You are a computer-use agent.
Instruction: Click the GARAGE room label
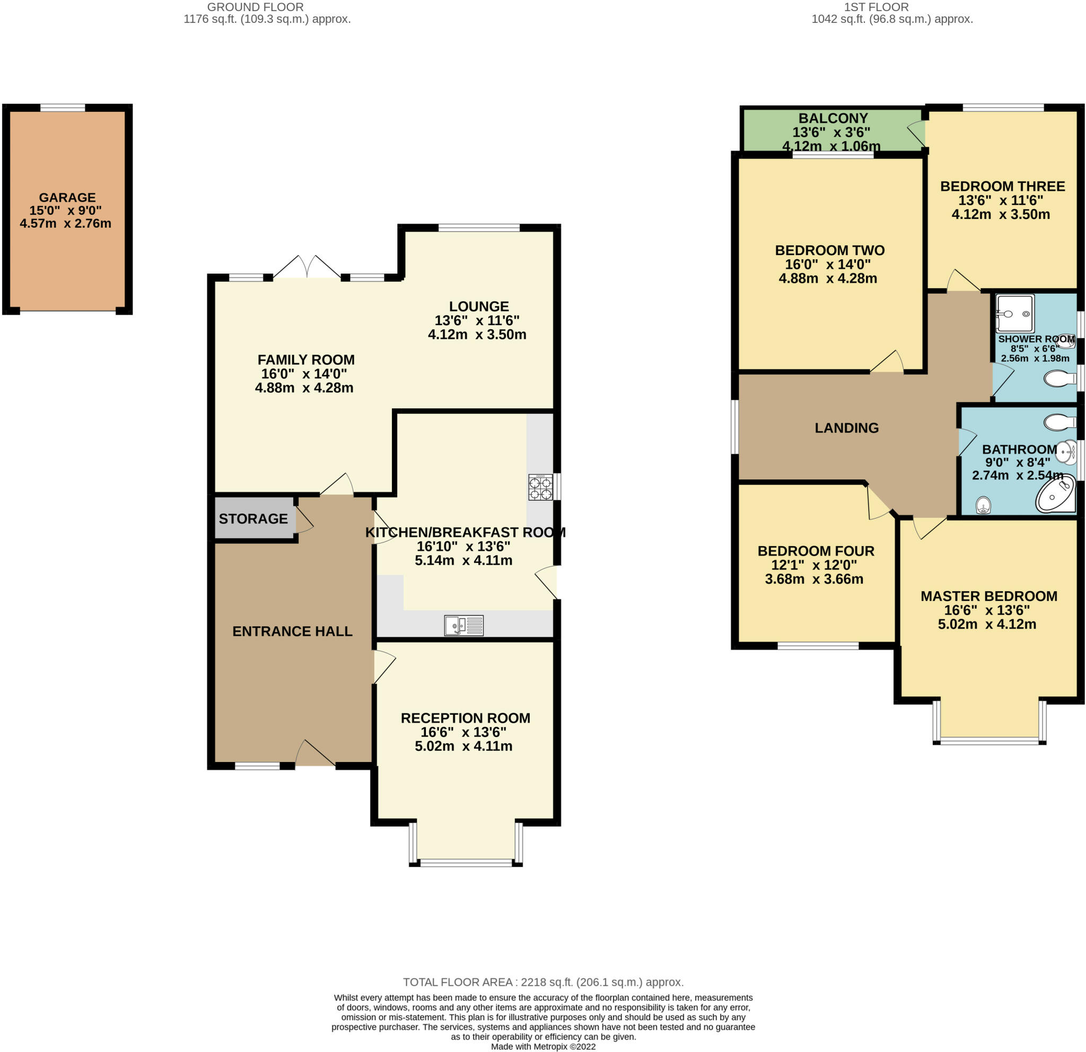point(67,197)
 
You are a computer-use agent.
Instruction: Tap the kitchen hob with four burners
point(540,487)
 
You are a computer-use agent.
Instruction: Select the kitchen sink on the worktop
point(464,626)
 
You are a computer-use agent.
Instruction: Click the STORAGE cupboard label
point(253,519)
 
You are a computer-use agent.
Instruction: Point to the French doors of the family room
point(307,267)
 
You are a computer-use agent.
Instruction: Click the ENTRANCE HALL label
point(293,631)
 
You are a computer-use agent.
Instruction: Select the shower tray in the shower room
point(1015,313)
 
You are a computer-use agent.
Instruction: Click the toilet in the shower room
point(1059,379)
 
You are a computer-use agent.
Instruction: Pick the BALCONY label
point(833,118)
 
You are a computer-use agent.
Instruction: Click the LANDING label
point(847,428)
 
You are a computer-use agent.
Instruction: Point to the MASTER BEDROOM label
point(989,596)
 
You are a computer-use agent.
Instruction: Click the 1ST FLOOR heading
point(876,7)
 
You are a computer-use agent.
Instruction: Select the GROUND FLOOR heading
point(256,7)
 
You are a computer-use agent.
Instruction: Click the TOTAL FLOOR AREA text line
point(543,982)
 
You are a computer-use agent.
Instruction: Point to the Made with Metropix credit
point(543,1047)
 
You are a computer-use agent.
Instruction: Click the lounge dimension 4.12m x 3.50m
point(477,334)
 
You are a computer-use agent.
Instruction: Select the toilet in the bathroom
point(1059,422)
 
